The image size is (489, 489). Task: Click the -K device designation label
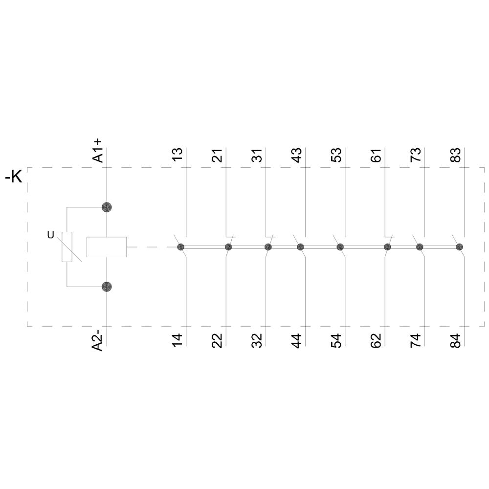14,178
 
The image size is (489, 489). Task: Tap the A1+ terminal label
98,151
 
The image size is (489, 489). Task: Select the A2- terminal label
98,342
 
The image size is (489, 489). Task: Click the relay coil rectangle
107,247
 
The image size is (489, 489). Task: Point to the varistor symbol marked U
67,247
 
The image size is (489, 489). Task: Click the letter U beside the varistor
50,235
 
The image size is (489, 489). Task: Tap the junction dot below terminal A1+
107,207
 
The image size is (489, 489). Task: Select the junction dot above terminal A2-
107,287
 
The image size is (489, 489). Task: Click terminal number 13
177,155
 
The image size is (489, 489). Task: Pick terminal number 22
217,340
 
